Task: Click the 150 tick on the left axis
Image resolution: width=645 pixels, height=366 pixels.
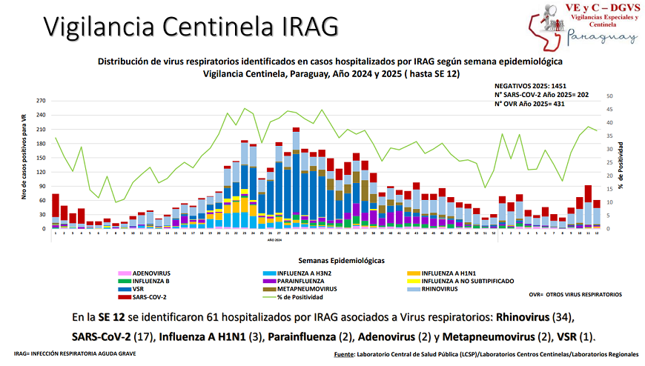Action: pos(41,157)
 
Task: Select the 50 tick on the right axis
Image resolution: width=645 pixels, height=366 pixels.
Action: pos(609,96)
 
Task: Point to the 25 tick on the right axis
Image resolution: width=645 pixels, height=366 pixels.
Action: pos(609,162)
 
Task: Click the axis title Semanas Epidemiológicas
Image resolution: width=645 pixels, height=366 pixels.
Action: pos(341,261)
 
